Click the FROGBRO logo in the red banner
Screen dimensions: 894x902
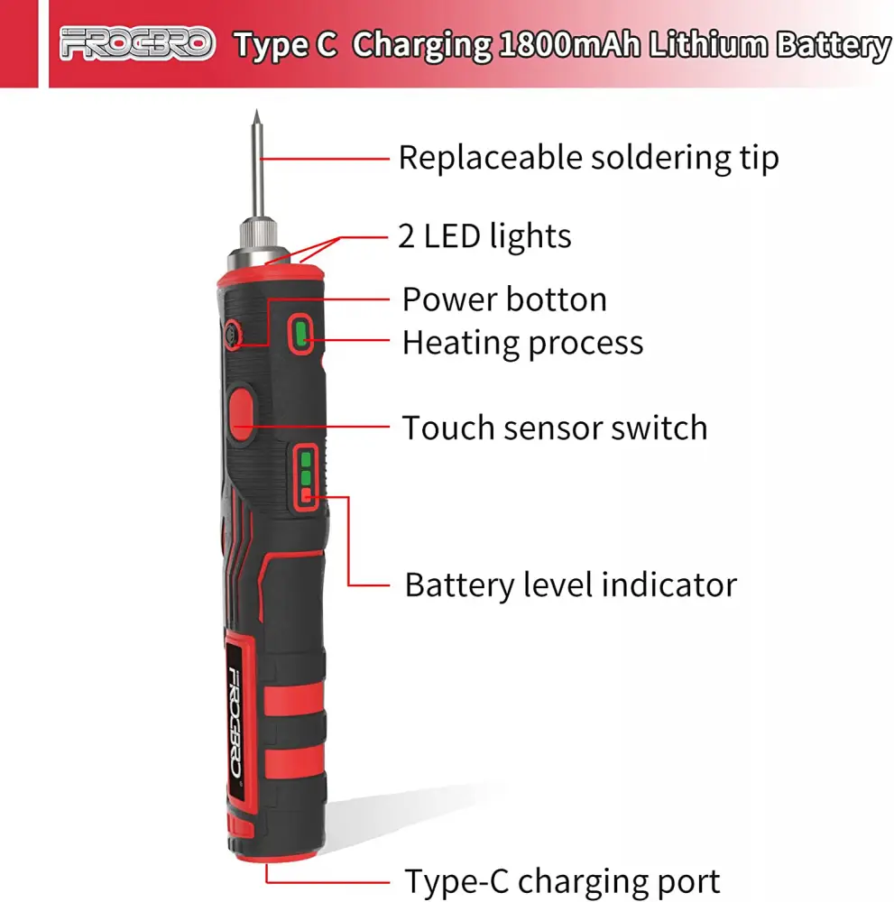[x=137, y=43]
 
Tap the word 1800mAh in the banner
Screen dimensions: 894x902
[x=569, y=45]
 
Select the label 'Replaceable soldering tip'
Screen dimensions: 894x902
[x=588, y=158]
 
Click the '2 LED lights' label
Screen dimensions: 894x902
[x=484, y=235]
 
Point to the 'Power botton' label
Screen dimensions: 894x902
[x=504, y=299]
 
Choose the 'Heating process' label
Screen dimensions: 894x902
[x=522, y=344]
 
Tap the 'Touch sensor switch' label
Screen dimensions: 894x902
[x=555, y=428]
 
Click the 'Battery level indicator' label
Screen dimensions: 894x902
[x=571, y=584]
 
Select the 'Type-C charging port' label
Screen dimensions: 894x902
[x=562, y=880]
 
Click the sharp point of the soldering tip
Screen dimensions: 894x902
[x=256, y=110]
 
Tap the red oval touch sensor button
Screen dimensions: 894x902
[x=242, y=414]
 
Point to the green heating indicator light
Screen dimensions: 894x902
[x=300, y=334]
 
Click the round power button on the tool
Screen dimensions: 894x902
[x=233, y=334]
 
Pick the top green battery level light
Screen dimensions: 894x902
[x=306, y=460]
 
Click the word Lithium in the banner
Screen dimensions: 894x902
[x=708, y=44]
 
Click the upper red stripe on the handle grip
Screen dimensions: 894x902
[x=294, y=699]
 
